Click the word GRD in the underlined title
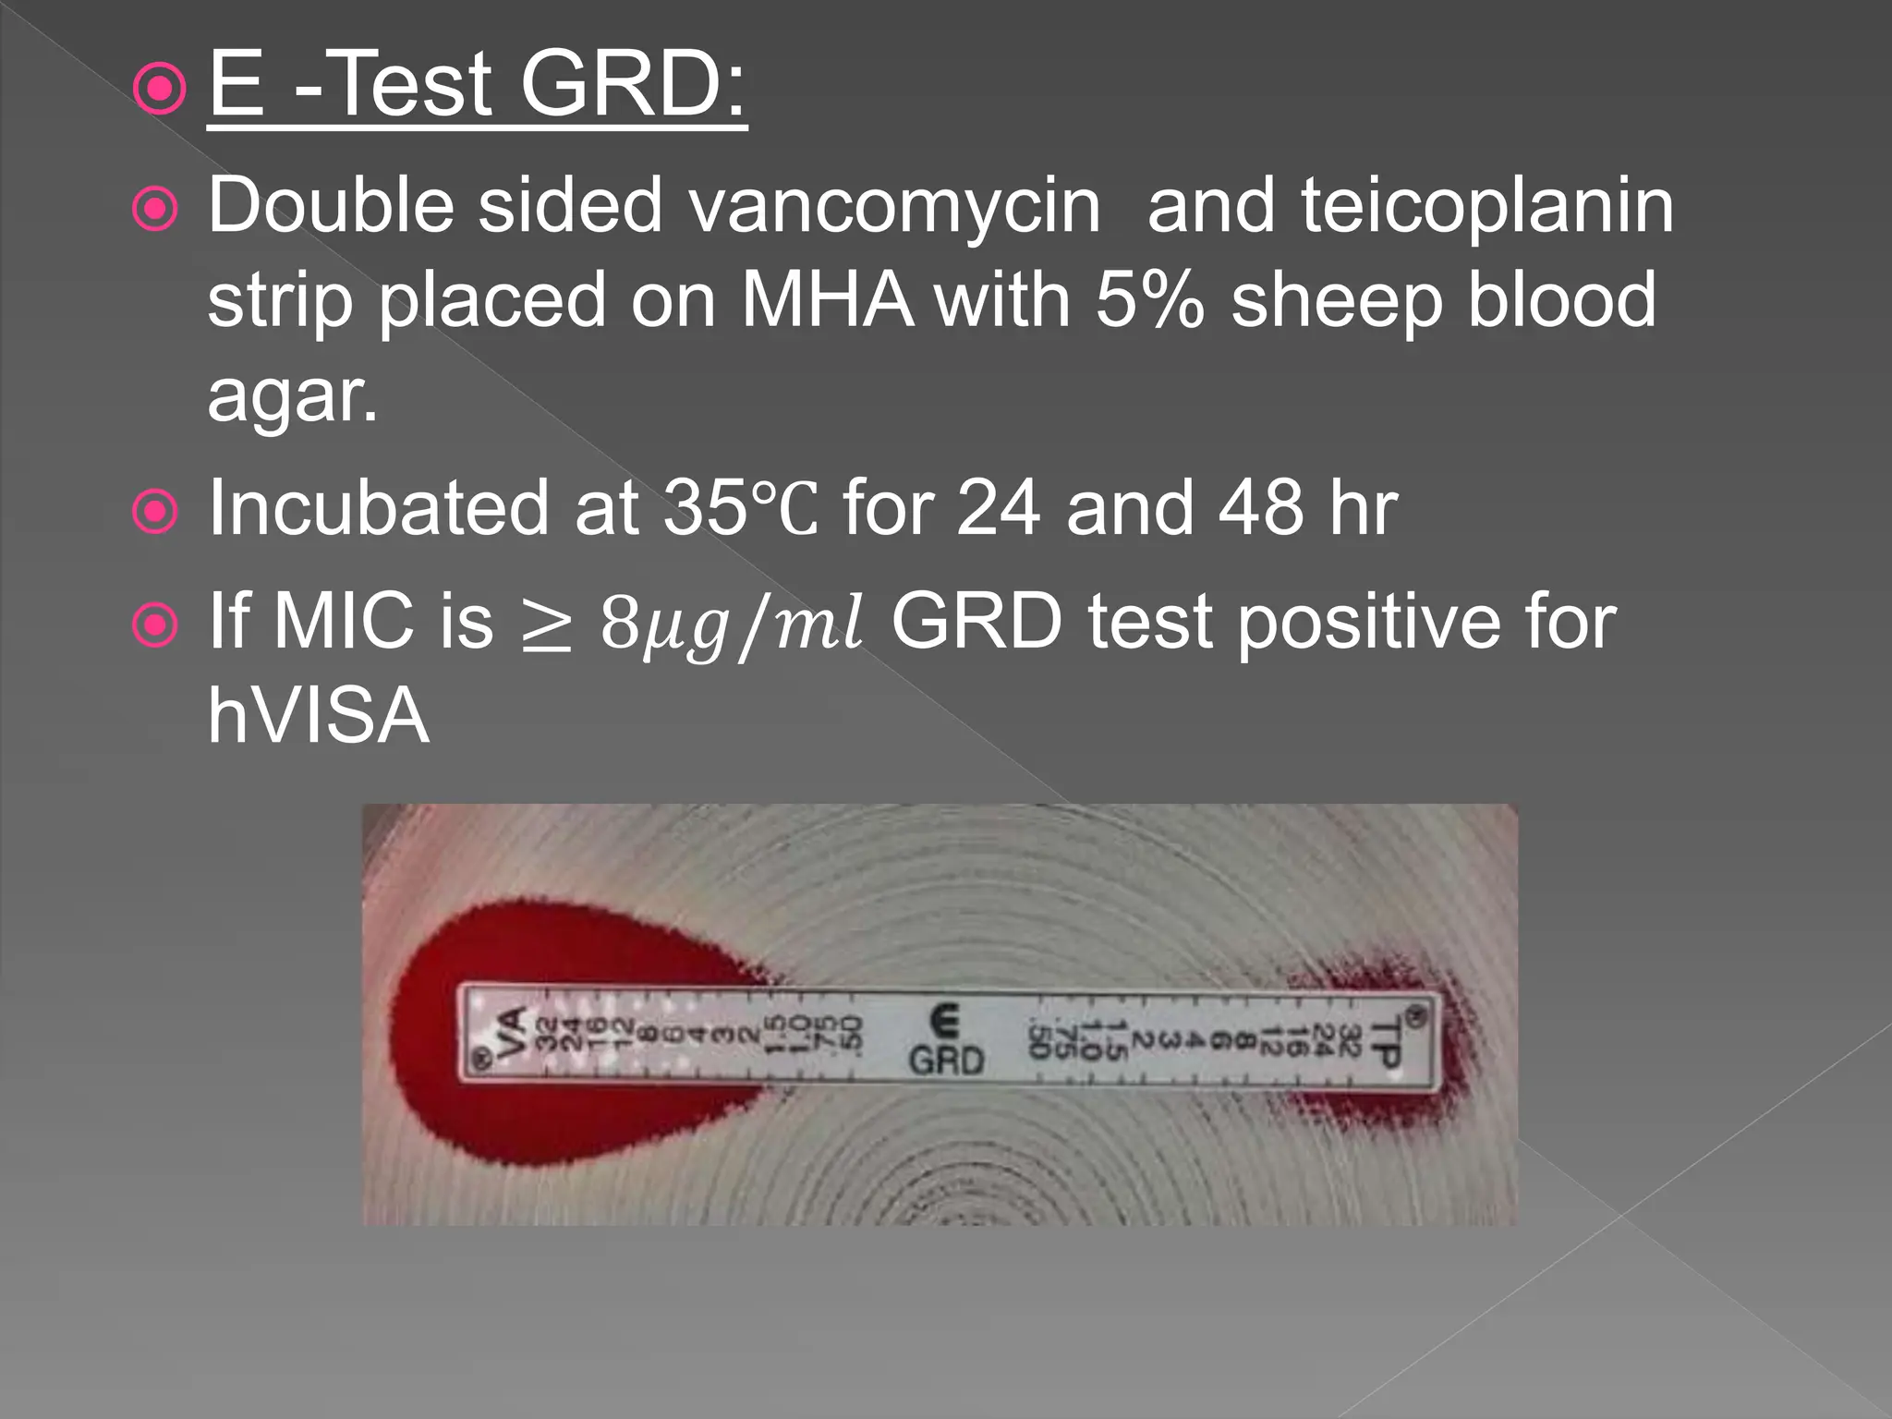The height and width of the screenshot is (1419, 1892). [x=632, y=85]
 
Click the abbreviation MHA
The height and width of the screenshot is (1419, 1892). [x=827, y=301]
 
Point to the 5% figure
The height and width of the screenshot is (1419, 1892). [x=1150, y=301]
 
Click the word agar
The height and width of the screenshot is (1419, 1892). [x=292, y=397]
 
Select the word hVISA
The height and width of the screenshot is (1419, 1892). [x=319, y=716]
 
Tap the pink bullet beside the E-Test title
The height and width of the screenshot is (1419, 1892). [x=159, y=89]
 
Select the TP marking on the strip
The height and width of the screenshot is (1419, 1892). [x=1386, y=1042]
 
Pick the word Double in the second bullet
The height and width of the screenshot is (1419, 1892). [x=331, y=205]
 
